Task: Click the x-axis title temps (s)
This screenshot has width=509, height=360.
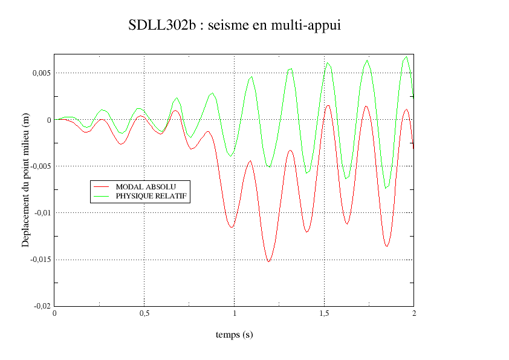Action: (x=234, y=335)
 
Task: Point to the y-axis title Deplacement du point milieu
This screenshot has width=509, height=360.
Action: (x=26, y=180)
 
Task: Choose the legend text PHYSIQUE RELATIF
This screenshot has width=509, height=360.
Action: (x=152, y=196)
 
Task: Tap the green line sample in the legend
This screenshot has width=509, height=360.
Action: (x=102, y=196)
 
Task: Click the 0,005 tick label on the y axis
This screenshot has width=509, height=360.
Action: (x=41, y=73)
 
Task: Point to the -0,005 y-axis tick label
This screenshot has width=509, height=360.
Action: (x=39, y=166)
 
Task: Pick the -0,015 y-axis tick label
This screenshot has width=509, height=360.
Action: (x=39, y=260)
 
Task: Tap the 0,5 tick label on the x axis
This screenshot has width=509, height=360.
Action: (x=144, y=313)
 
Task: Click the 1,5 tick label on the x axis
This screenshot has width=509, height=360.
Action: (x=324, y=313)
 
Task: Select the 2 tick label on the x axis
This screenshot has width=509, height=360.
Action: (x=414, y=313)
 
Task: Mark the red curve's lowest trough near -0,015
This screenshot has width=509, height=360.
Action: (x=268, y=261)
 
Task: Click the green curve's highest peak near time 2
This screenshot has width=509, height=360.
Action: (x=406, y=57)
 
